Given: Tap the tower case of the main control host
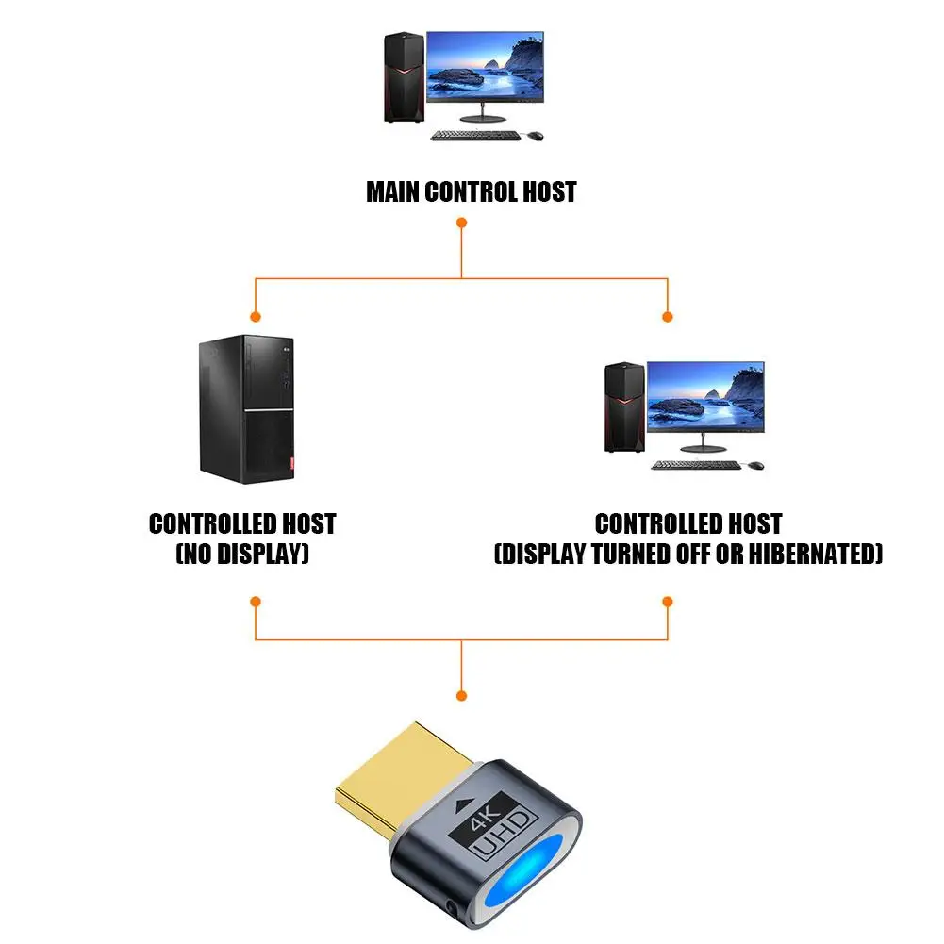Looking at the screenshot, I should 404,77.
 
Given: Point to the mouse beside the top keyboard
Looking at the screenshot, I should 535,135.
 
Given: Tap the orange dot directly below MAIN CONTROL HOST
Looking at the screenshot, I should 461,224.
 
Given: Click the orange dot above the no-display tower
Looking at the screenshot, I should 254,316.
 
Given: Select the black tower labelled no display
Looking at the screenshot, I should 246,409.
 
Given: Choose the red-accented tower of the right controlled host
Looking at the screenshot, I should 624,407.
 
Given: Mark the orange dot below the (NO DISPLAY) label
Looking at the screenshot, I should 254,601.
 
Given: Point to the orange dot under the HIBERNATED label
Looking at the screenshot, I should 668,601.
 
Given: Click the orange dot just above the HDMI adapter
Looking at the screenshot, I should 461,696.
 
